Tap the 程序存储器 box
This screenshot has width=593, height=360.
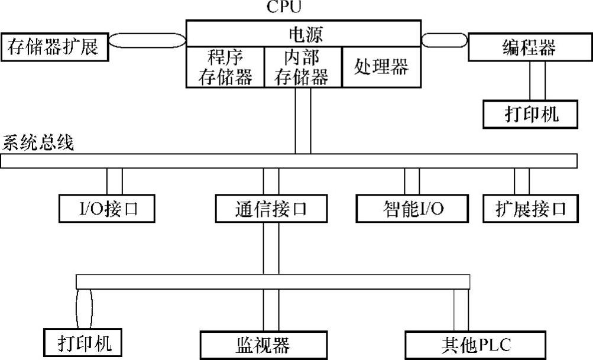pyautogui.click(x=225, y=67)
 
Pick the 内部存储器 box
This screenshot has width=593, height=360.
pyautogui.click(x=302, y=67)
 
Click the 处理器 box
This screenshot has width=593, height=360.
pyautogui.click(x=381, y=67)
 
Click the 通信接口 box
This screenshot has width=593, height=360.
pyautogui.click(x=270, y=209)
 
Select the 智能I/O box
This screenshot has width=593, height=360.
pyautogui.click(x=412, y=209)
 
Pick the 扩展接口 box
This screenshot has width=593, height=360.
pyautogui.click(x=530, y=209)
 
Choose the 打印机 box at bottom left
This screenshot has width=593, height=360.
pyautogui.click(x=86, y=342)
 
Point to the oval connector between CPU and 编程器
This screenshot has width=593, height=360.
pyautogui.click(x=445, y=41)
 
